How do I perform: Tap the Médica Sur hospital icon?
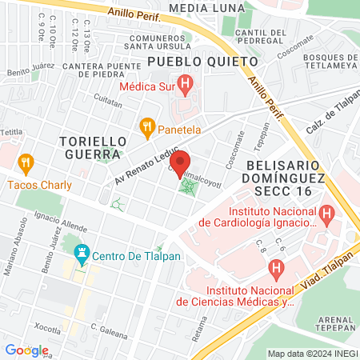coord(186,83)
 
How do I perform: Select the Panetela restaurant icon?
coord(146,126)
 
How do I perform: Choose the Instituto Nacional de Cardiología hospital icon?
coord(326,214)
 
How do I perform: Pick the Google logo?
coord(26,350)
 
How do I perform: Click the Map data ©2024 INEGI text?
coord(312,354)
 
